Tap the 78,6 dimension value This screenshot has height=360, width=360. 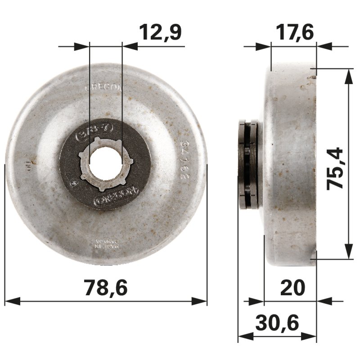(x=106, y=288)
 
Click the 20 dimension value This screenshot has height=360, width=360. (x=292, y=287)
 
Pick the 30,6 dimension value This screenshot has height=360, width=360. (x=277, y=323)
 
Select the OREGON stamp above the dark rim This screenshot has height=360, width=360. (x=104, y=88)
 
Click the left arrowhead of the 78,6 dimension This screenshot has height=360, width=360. (x=10, y=301)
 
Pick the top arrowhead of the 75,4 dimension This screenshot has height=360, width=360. (x=348, y=75)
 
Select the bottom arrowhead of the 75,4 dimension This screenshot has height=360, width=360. (x=348, y=252)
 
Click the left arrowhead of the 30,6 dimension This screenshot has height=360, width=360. (x=243, y=336)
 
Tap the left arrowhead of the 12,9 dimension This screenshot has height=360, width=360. (x=81, y=45)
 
